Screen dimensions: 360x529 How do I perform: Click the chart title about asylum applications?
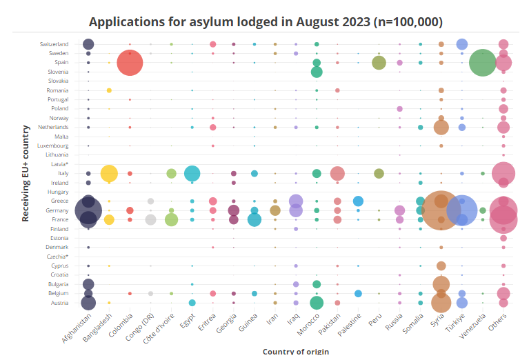[x=266, y=21]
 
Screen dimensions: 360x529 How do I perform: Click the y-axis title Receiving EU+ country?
[x=26, y=173]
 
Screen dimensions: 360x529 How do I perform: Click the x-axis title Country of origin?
[x=295, y=351]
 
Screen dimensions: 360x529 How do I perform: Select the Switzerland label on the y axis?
[x=53, y=44]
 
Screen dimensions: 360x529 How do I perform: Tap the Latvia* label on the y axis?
[x=59, y=164]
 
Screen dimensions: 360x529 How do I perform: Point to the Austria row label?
[x=59, y=303]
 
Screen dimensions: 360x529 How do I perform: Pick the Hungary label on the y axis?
[x=57, y=192]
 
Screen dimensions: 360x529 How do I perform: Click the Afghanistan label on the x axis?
[x=77, y=328]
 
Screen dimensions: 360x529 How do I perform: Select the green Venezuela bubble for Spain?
[x=483, y=63]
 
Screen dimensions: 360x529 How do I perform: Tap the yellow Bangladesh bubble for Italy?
[x=109, y=174]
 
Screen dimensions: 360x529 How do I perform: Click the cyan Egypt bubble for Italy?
[x=192, y=174]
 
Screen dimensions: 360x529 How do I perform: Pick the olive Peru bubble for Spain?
[x=379, y=63]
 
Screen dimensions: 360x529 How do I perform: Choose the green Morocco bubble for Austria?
[x=317, y=303]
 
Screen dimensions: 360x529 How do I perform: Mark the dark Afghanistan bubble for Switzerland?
[x=88, y=44]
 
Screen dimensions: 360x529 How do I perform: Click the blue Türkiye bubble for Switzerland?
[x=462, y=44]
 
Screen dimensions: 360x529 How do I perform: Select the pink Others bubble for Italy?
[x=504, y=173]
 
